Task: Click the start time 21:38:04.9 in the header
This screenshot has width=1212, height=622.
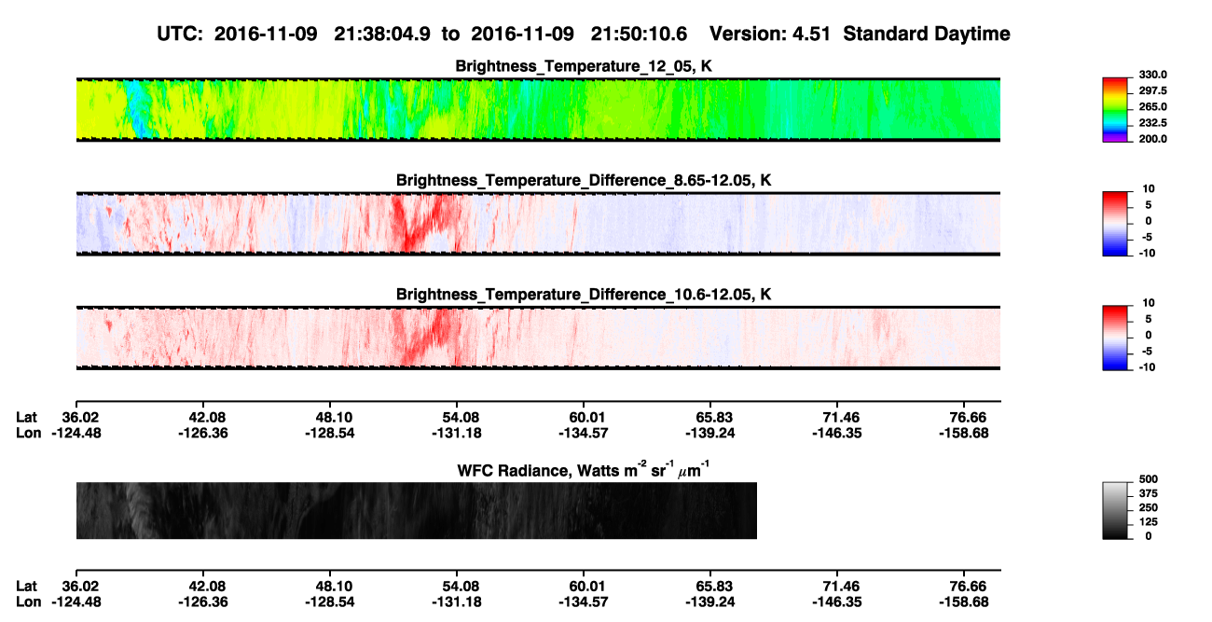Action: point(382,35)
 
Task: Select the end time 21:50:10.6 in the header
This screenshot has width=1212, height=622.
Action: point(639,35)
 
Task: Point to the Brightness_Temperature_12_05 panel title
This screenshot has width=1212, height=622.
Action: point(584,66)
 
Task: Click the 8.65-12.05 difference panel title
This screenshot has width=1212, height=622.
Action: point(584,180)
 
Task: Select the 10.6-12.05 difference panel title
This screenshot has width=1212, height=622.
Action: point(584,295)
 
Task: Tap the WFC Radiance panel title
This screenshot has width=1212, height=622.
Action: point(584,470)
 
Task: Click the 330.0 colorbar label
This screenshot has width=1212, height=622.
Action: point(1152,75)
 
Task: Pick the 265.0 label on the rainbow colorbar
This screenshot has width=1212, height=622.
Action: point(1152,106)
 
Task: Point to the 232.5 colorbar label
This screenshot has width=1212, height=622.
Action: point(1152,123)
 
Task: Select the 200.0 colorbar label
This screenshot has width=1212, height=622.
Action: point(1152,139)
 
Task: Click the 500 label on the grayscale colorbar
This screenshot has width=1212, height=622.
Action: point(1149,479)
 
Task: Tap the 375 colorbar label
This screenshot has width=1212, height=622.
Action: point(1149,493)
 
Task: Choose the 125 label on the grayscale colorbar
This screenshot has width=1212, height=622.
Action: point(1149,522)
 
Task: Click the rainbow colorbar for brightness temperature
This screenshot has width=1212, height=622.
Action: point(1115,110)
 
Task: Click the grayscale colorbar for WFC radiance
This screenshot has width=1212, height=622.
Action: point(1115,510)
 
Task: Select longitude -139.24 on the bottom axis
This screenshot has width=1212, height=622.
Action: point(709,602)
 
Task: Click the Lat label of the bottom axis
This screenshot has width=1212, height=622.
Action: point(26,587)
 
